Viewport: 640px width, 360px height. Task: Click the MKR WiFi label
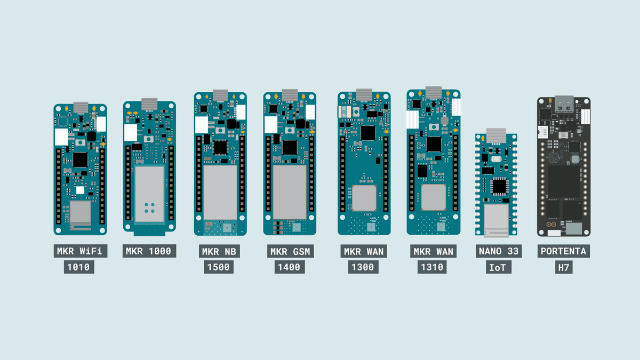(81, 251)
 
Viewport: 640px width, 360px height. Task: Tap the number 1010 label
(79, 267)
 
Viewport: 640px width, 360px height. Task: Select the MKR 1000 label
(149, 251)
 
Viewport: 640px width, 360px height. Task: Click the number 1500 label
(219, 267)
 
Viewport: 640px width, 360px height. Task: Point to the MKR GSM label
(290, 251)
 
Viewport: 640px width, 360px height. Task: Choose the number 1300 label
(363, 267)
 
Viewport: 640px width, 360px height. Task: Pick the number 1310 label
(432, 267)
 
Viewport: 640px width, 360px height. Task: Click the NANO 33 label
(499, 251)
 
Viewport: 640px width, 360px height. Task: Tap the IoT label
(499, 267)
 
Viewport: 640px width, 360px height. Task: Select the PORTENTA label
(563, 251)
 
